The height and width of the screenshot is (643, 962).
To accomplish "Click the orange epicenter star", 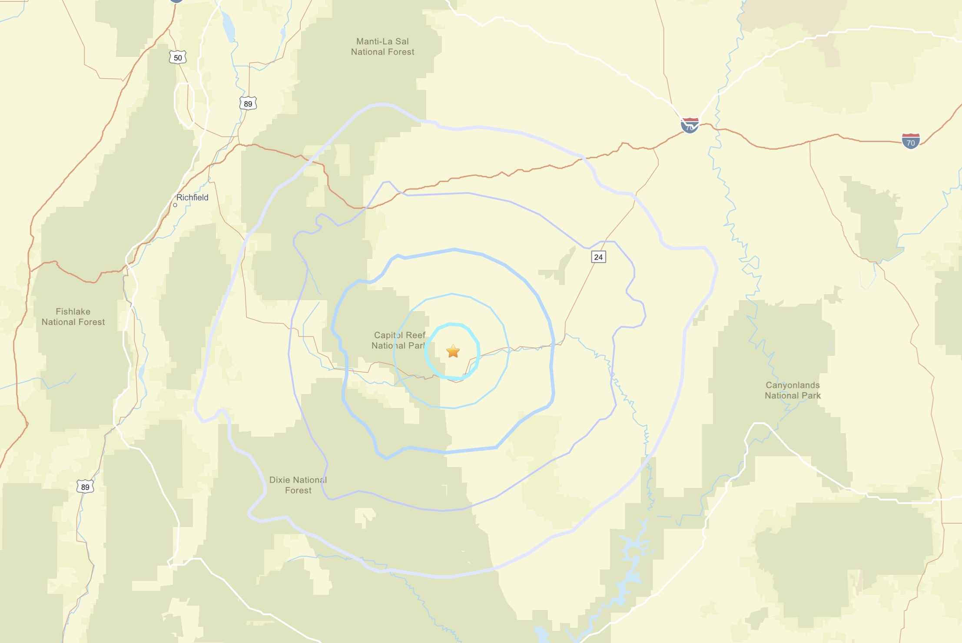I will tap(453, 351).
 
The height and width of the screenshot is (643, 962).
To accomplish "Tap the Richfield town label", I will tap(192, 198).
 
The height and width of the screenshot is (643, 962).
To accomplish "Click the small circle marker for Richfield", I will tap(175, 205).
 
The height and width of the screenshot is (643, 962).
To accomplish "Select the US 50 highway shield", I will tap(178, 58).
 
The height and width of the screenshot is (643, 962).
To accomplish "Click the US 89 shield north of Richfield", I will tap(248, 104).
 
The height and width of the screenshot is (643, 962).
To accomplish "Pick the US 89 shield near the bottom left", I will tap(85, 487).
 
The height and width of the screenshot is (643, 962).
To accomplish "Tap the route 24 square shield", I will tap(598, 257).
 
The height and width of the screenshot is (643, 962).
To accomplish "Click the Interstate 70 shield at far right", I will tap(910, 141).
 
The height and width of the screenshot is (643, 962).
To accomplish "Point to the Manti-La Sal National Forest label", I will tap(382, 46).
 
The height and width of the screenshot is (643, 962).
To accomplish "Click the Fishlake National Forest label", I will tap(73, 317).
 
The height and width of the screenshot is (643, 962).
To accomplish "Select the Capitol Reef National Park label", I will tap(399, 340).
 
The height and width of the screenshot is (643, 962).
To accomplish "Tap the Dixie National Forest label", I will tap(298, 485).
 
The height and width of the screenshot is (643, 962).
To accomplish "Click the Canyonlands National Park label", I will tap(793, 390).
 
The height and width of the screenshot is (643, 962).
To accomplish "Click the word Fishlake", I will tap(73, 312).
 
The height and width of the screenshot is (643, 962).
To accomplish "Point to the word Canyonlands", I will tap(793, 385).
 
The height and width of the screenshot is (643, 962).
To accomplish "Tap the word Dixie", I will tap(279, 480).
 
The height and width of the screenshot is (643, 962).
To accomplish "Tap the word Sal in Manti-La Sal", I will tap(402, 41).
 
